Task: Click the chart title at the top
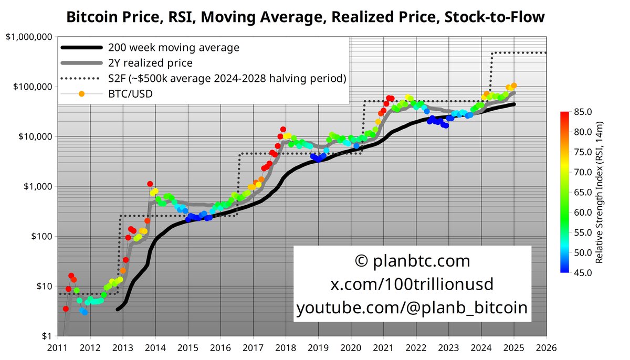305,17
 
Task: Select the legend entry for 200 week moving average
173,47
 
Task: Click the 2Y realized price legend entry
150,63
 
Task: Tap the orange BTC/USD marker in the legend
81,94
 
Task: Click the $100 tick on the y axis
41,237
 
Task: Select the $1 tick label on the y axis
46,336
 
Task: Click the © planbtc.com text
412,261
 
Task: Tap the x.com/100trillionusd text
412,284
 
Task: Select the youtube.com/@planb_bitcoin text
412,308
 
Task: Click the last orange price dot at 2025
514,85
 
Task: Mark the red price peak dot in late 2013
150,184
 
